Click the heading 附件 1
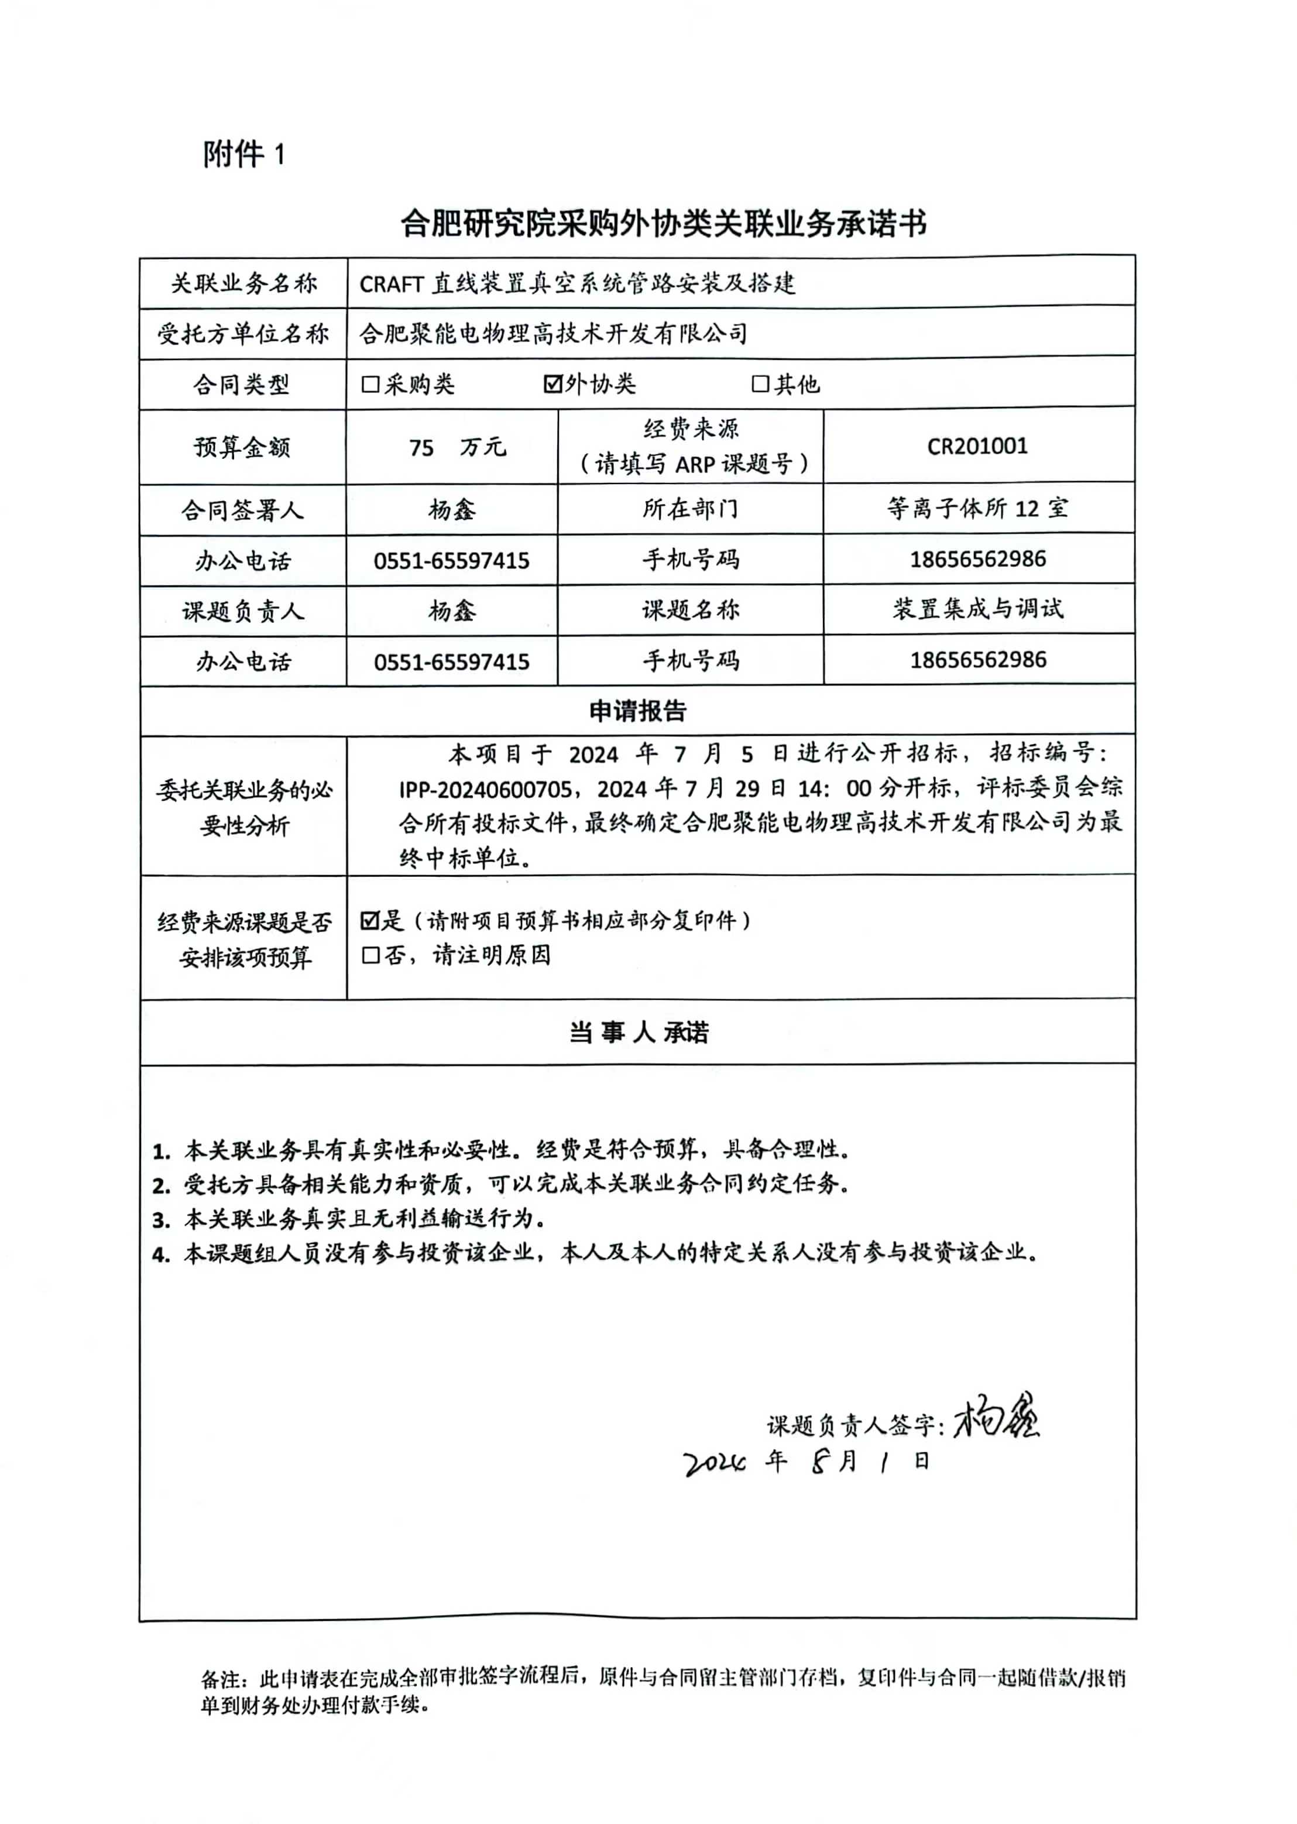point(243,154)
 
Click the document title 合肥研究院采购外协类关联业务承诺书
point(663,224)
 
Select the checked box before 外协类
point(552,384)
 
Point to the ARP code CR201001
point(977,445)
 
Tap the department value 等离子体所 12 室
point(977,508)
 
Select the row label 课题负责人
point(242,612)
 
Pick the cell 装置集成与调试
point(977,609)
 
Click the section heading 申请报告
point(637,711)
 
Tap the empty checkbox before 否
point(370,955)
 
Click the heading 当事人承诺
point(637,1033)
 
